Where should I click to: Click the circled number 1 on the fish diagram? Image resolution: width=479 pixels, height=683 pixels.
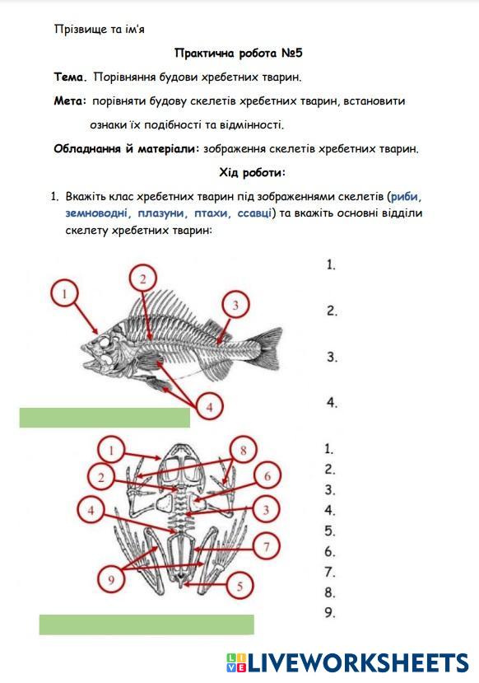65,294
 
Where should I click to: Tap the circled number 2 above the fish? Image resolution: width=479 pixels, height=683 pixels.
142,278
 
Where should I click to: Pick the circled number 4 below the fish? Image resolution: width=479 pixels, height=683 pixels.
209,407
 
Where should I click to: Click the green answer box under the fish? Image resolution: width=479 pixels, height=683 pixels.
105,418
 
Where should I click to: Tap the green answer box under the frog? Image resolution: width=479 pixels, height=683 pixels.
146,625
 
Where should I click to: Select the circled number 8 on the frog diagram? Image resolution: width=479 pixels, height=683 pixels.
243,450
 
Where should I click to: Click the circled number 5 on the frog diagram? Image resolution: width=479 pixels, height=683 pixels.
239,586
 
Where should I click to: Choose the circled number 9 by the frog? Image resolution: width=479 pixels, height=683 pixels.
111,579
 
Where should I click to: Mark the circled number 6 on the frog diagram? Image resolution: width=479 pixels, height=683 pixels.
267,476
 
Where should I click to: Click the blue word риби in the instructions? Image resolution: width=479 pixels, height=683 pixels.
406,196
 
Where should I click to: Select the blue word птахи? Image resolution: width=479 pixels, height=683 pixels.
212,213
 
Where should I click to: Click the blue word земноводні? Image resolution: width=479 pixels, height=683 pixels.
97,213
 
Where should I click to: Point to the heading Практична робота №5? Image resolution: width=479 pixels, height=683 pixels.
239,54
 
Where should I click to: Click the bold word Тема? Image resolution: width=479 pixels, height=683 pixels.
70,77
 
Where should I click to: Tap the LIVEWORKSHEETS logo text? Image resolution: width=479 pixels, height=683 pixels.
359,663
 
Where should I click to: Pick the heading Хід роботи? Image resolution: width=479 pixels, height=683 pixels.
253,172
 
